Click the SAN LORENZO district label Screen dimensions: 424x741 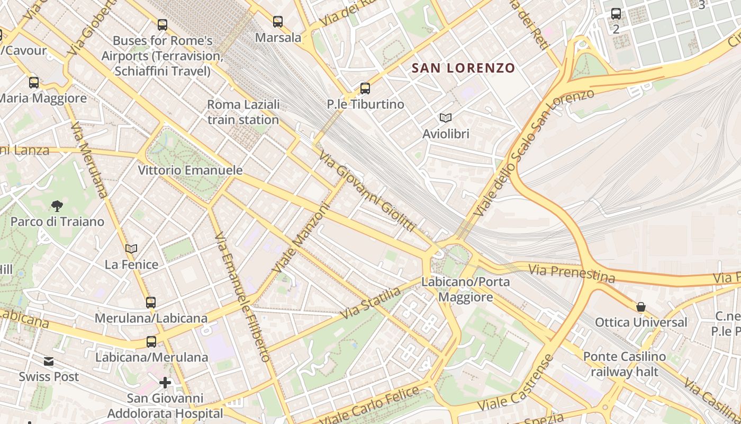463,68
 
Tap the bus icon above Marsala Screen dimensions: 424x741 278,22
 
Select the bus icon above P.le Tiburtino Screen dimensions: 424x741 365,89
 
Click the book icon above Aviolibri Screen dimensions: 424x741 446,118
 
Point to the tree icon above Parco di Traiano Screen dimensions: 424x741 57,206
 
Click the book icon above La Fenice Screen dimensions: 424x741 131,249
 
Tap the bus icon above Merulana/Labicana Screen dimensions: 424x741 151,303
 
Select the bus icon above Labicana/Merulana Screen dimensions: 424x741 151,342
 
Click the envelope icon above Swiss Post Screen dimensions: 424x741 49,361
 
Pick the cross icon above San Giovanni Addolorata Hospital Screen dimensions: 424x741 165,382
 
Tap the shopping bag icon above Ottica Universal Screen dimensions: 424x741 641,307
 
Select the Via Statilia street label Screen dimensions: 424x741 370,303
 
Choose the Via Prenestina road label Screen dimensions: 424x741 572,273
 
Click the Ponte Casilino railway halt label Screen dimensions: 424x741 625,364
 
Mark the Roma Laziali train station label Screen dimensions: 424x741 243,112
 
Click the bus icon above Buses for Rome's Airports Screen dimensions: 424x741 162,24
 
